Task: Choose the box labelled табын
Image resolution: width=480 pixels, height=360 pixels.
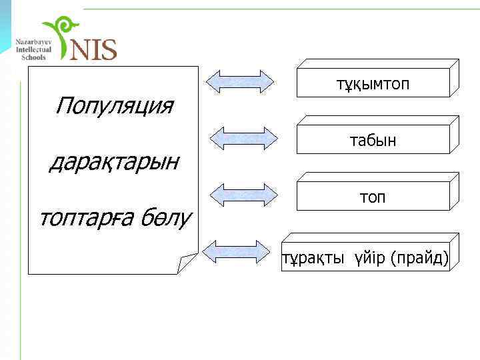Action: [x=373, y=141]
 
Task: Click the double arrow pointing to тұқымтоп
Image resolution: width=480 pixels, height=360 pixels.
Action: [x=240, y=81]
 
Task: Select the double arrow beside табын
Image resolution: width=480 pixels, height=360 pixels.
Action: [x=243, y=137]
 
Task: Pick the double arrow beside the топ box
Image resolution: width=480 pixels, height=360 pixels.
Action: [x=243, y=194]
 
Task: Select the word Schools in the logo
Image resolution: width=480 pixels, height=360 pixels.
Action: [x=33, y=57]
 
